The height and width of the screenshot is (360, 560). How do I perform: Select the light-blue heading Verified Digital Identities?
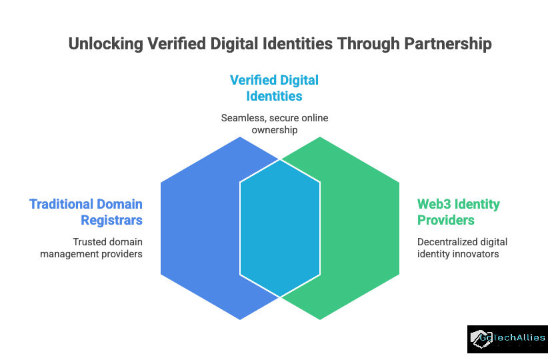click(274, 88)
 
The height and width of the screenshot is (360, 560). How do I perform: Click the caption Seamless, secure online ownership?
click(274, 123)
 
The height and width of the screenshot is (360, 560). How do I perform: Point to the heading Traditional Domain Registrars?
click(85, 211)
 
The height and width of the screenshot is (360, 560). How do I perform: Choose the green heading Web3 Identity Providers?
click(458, 211)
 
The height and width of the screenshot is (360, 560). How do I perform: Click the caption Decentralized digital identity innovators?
click(462, 247)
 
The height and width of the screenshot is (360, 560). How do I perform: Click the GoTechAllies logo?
click(507, 339)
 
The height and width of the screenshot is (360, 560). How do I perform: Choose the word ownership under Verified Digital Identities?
click(274, 129)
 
